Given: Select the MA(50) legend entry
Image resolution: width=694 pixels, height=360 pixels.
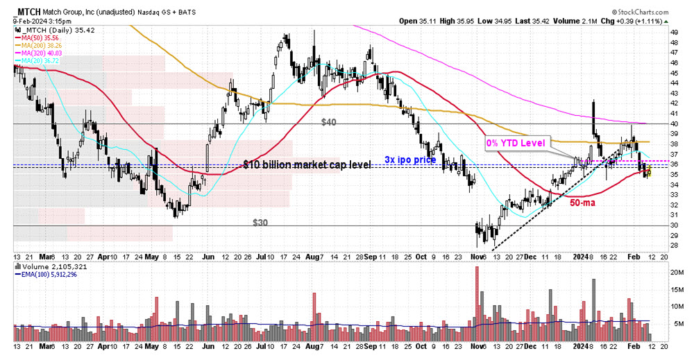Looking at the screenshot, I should coord(40,38).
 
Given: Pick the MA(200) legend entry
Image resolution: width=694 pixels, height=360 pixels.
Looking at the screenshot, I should coord(42,46).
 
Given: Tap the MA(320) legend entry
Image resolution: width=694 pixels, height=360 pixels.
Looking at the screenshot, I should coord(42,53).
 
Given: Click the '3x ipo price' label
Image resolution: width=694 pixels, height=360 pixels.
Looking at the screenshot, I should coord(409,160).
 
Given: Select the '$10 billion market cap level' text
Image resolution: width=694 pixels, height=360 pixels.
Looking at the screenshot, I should coord(307,164).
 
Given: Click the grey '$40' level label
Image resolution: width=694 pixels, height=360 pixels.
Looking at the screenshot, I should coord(328,122).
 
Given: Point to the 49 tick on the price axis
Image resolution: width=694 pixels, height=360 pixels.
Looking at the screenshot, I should coord(654,32).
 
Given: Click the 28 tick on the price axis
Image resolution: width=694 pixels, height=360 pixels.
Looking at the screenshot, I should coord(654,246).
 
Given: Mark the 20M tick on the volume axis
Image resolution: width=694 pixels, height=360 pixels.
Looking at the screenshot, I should coord(657,272).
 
